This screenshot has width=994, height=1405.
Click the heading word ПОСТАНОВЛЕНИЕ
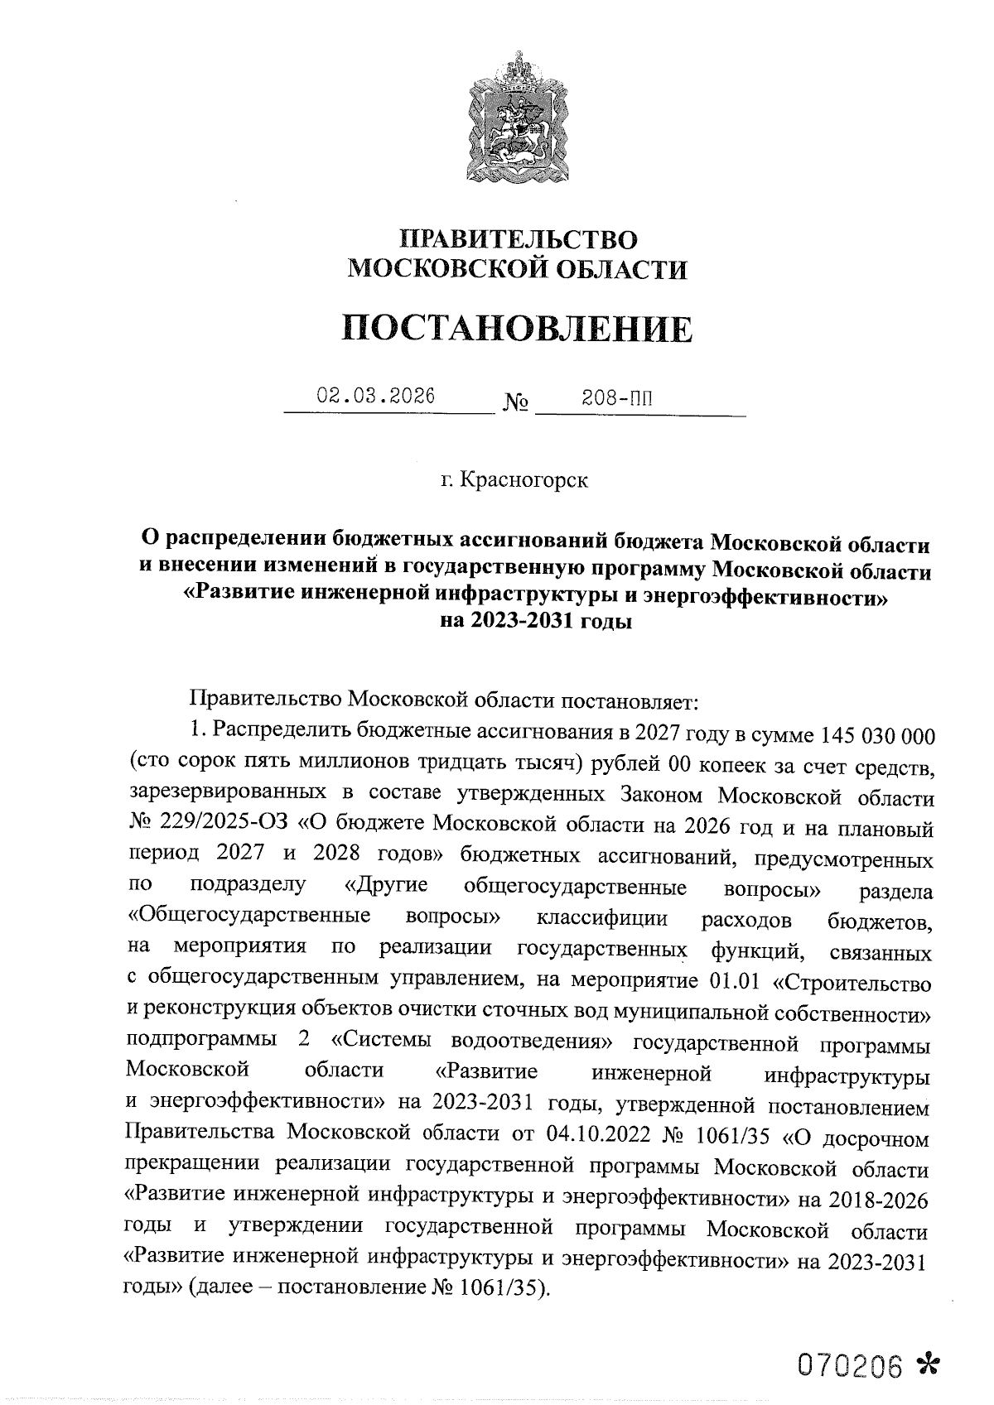(x=518, y=329)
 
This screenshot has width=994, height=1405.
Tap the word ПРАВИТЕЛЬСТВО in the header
(x=519, y=239)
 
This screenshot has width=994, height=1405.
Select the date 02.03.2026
(x=376, y=396)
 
